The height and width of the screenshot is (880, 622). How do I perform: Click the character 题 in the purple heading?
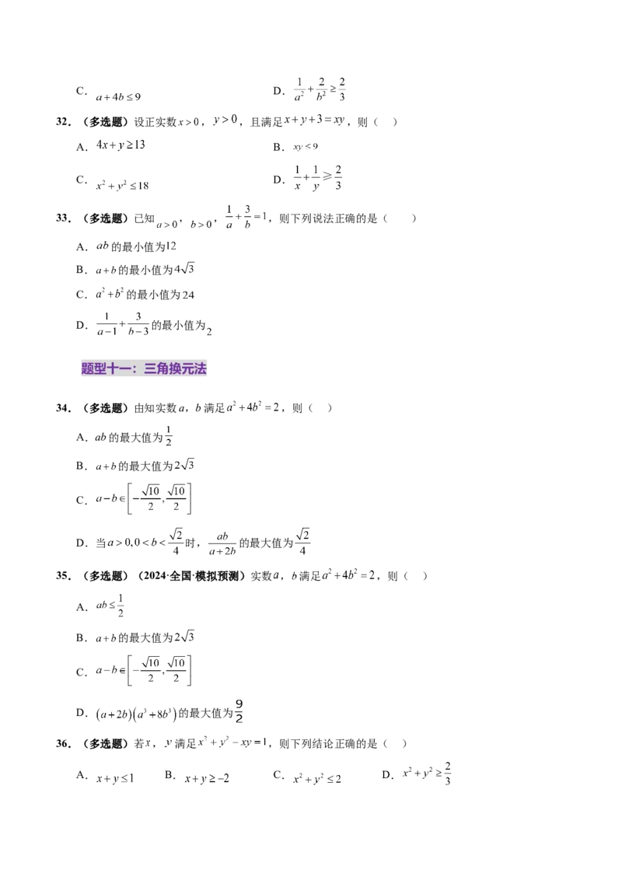[88, 369]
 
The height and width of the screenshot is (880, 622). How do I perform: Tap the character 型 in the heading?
[100, 369]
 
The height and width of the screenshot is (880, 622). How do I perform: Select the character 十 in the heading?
[113, 369]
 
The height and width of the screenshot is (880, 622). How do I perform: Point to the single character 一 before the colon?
[125, 369]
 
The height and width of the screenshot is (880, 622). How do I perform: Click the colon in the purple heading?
[135, 369]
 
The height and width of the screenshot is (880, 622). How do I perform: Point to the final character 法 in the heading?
[200, 369]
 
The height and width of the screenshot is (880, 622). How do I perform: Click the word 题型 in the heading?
[94, 369]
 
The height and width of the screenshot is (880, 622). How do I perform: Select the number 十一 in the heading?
[119, 369]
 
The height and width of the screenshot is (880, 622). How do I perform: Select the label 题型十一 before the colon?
[107, 369]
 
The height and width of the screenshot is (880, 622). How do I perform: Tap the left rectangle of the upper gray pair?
[149, 512]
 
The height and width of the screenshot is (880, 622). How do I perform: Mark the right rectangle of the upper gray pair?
[174, 512]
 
